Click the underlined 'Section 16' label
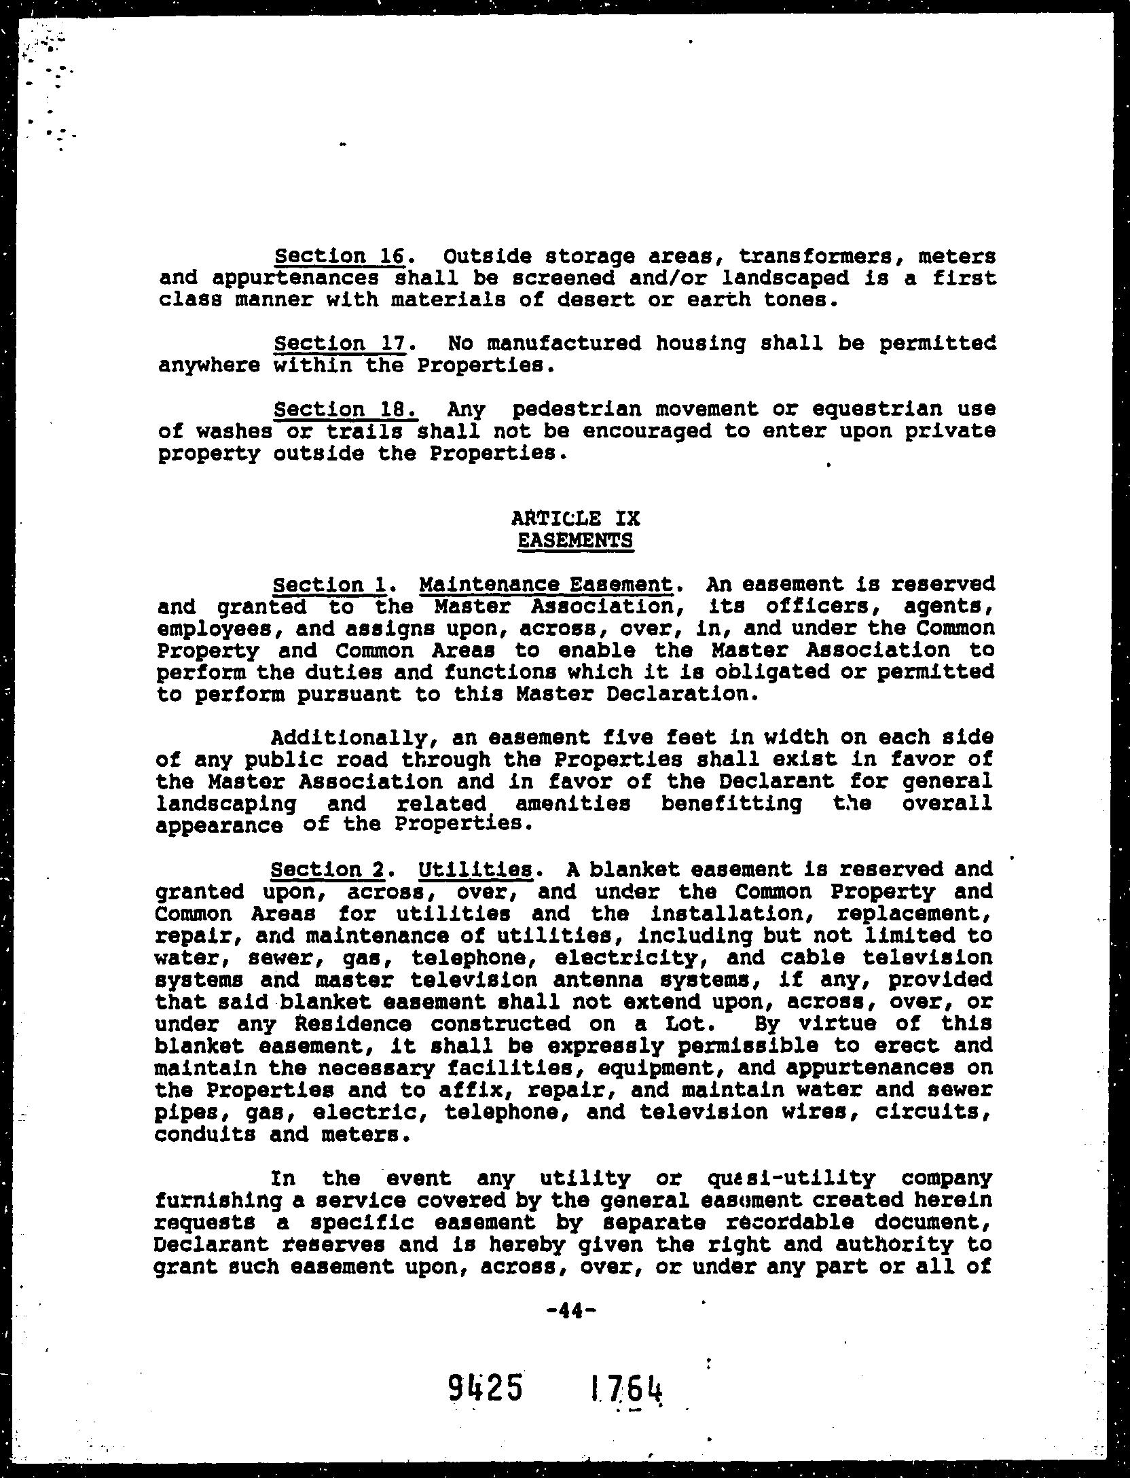(x=340, y=257)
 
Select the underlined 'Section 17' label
(x=340, y=344)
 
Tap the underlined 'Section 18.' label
(x=344, y=410)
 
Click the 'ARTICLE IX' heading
(x=575, y=518)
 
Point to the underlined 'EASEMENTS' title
(x=575, y=541)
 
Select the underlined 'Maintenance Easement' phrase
(x=546, y=584)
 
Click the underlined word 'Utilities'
(x=475, y=869)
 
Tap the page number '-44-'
(x=571, y=1310)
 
